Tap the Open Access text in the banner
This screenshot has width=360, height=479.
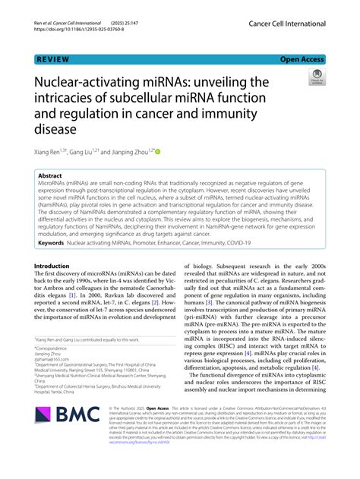point(302,58)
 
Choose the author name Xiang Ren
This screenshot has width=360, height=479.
point(49,151)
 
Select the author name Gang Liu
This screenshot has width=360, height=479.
point(84,151)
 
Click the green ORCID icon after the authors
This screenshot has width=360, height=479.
point(158,151)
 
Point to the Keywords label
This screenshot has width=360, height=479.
point(54,243)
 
